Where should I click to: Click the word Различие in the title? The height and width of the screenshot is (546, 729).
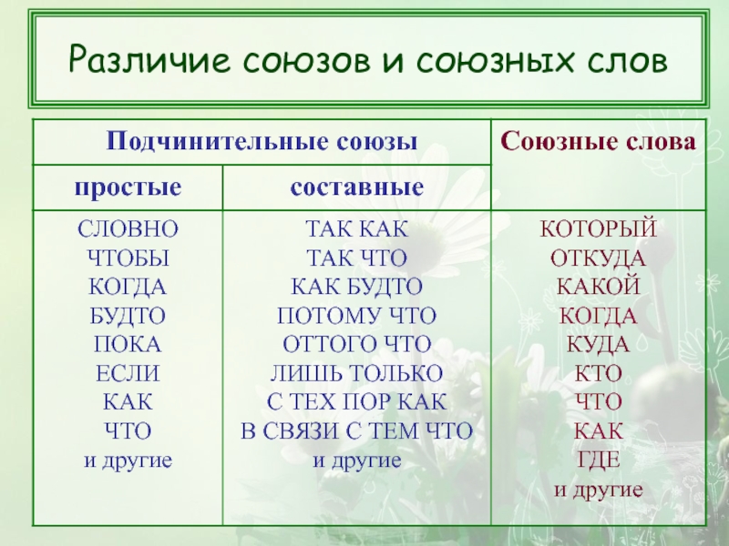point(149,59)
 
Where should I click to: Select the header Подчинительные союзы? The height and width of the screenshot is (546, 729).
point(262,141)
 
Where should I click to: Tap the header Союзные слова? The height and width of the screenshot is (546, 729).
point(599,141)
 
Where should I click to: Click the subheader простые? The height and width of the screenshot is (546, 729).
point(128,188)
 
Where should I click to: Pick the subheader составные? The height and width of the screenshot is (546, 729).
point(357,187)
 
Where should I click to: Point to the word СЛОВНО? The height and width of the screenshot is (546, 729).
point(128,229)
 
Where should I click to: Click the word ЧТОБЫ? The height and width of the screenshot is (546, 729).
point(128,258)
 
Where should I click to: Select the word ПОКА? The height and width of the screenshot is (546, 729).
point(128,345)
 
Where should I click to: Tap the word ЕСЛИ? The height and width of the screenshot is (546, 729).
point(128,373)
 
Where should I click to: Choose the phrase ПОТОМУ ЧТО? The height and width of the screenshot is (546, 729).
point(357,316)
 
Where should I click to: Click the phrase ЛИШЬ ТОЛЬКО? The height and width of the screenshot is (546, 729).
point(357,373)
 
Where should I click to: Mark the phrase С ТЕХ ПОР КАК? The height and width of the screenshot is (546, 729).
point(357,402)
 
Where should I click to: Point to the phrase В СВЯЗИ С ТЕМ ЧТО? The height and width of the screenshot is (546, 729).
point(357,431)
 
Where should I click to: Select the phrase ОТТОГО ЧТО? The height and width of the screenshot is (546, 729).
point(357,345)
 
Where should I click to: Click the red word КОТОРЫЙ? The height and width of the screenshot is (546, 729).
point(599,228)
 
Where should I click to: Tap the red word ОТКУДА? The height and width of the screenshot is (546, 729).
point(599,258)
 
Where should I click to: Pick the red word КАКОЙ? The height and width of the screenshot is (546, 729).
point(599,286)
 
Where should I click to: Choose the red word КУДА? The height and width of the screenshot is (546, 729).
point(599,345)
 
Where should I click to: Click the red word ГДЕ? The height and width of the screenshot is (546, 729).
point(599,460)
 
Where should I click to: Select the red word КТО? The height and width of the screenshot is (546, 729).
point(599,373)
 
